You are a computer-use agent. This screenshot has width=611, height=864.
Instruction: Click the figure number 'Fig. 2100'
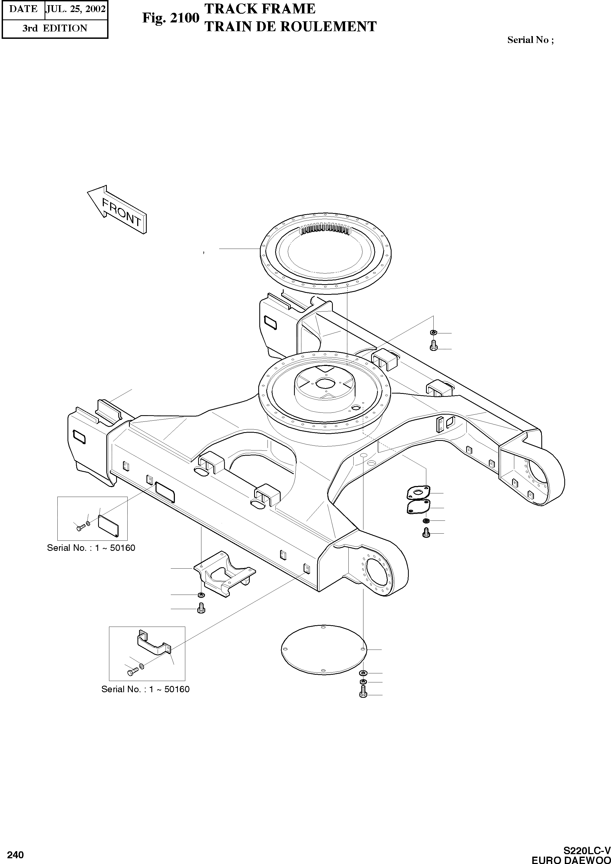171,18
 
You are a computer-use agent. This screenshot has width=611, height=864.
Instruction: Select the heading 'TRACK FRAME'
260,9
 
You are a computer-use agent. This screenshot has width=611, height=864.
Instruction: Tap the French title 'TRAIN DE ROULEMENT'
290,26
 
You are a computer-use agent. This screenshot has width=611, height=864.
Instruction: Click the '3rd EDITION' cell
55,28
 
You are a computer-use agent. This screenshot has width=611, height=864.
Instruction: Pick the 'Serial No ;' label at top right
530,40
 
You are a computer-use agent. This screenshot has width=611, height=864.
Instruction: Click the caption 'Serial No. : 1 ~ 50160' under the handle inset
145,689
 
